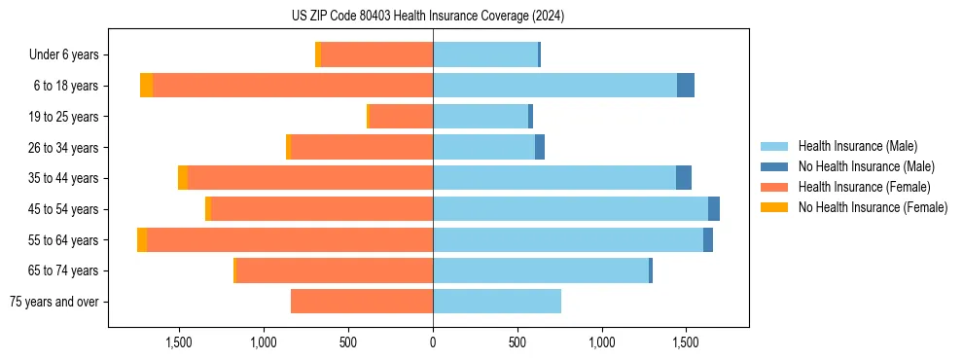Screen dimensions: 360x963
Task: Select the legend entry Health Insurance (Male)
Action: [857, 146]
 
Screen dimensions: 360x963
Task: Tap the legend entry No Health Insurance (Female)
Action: [873, 207]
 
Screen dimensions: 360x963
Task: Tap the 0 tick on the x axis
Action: [433, 342]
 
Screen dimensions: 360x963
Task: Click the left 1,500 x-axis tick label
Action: [180, 342]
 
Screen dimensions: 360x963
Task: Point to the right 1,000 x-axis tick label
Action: [601, 342]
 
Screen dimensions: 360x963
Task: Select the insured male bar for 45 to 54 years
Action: [570, 208]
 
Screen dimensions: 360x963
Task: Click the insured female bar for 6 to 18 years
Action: [292, 86]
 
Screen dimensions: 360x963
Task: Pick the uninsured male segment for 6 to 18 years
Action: [686, 86]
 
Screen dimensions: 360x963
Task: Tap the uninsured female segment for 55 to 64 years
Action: [142, 239]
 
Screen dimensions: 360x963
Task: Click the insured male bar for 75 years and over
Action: [497, 302]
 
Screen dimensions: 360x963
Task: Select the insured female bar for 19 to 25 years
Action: [401, 117]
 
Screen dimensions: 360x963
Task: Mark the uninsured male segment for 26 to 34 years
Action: [540, 147]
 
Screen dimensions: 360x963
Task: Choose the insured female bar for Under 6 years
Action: [376, 55]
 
